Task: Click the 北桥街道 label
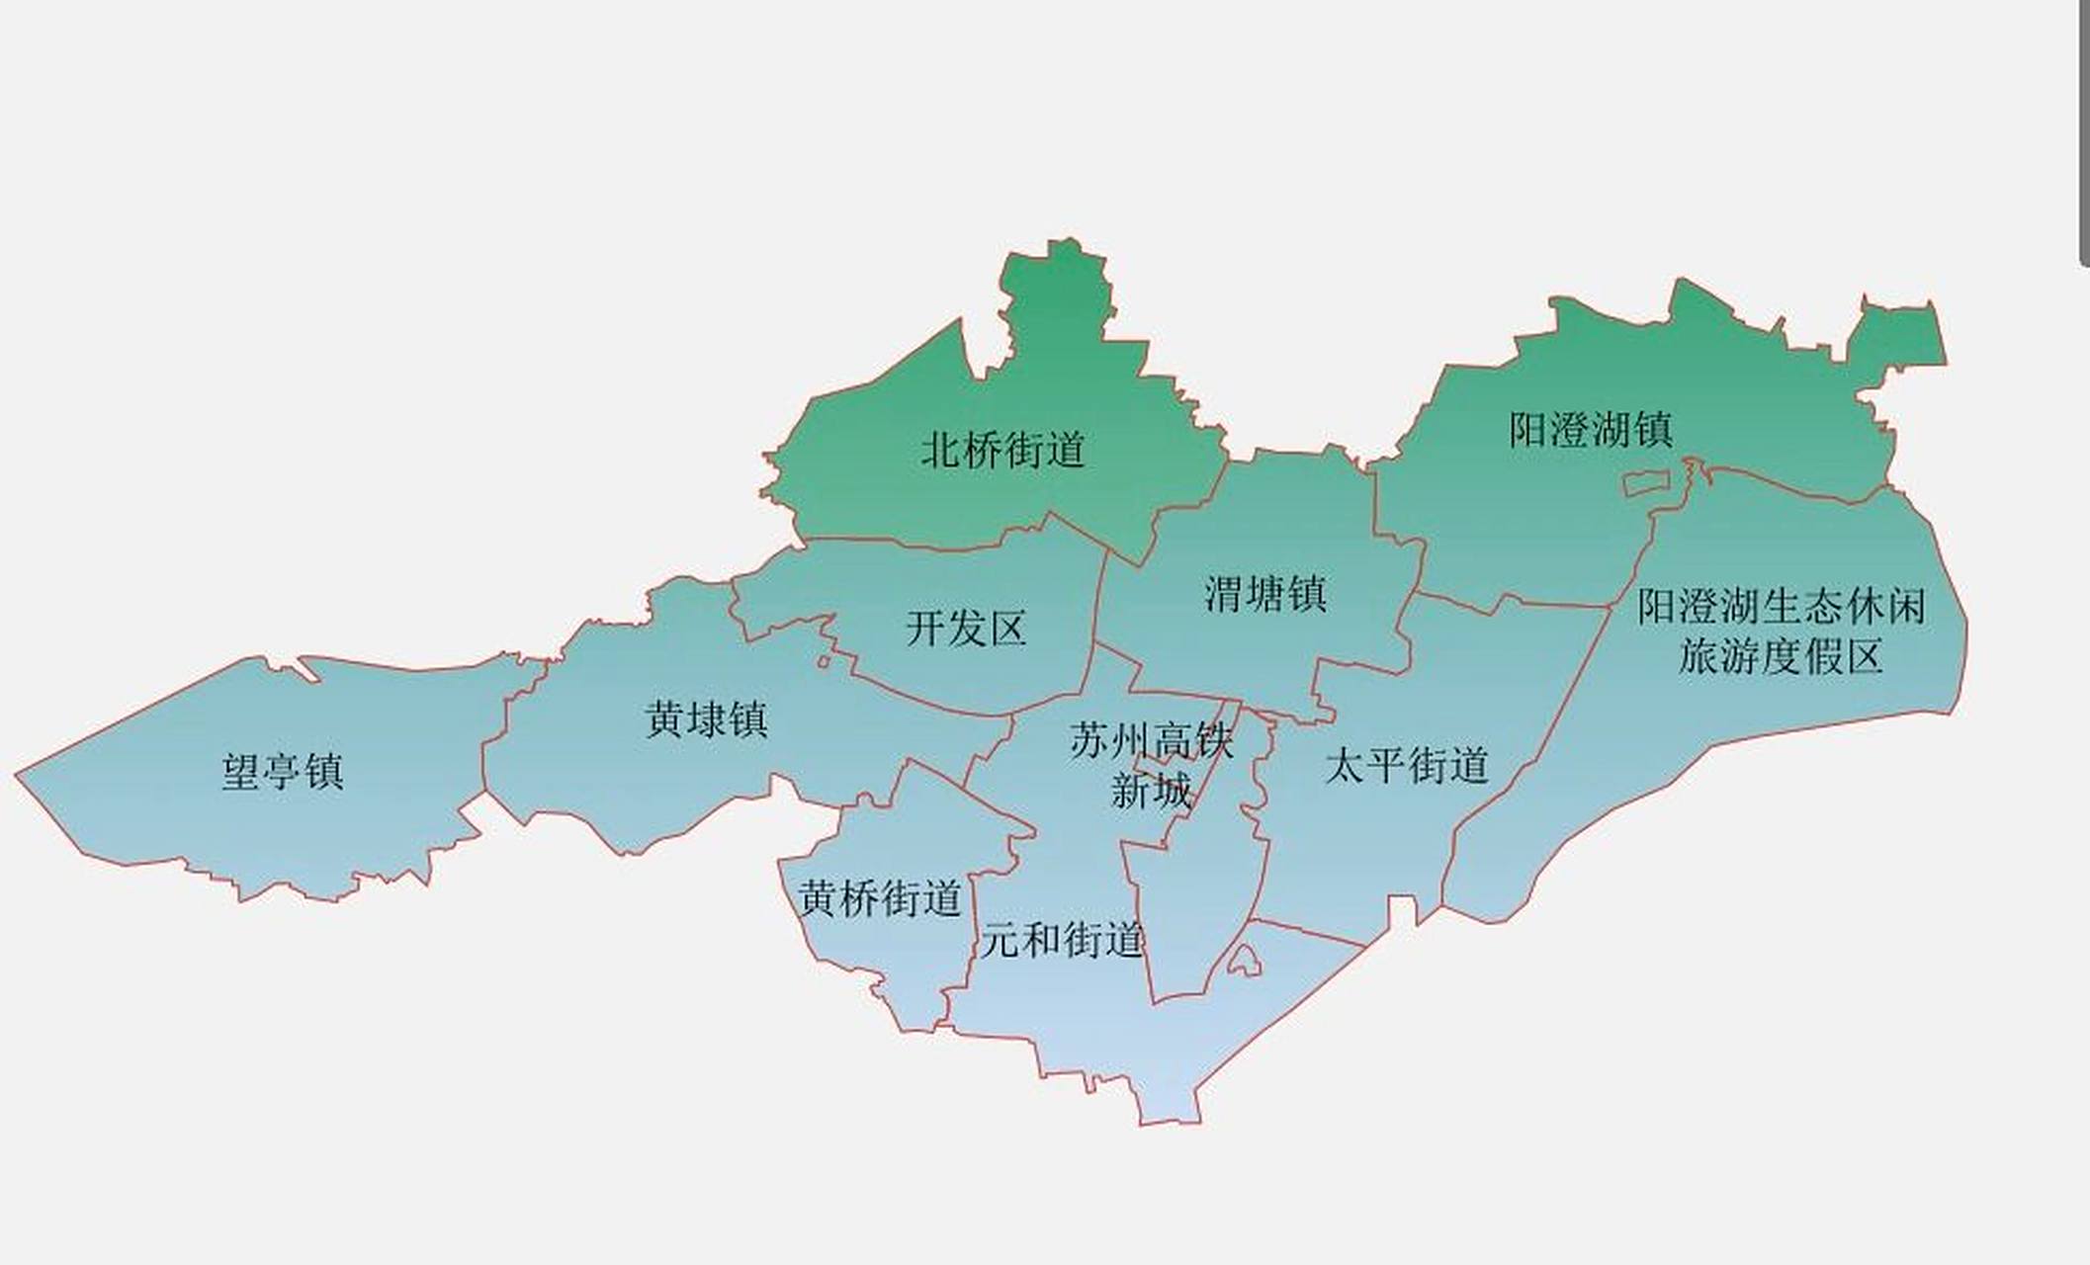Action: pos(1003,451)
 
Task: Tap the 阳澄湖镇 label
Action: pos(1591,430)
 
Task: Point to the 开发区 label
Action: pos(966,629)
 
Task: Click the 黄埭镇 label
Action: pos(706,719)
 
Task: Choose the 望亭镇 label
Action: pos(283,771)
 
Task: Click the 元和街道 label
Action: pos(1063,940)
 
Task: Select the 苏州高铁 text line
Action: pos(1152,740)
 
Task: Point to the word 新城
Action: pos(1152,791)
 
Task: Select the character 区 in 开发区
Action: pos(1007,629)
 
